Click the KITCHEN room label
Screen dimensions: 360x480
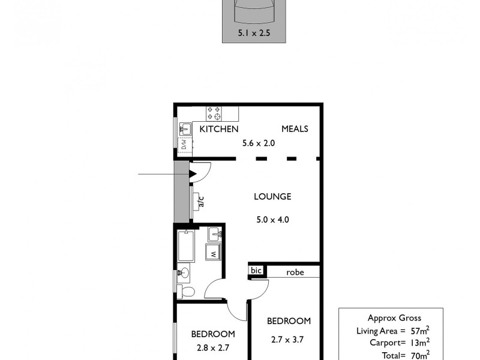point(219,129)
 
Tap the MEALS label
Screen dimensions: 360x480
point(295,129)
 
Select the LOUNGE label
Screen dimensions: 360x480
point(272,196)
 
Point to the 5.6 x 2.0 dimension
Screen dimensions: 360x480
point(259,143)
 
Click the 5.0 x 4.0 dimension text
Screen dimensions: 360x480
point(272,220)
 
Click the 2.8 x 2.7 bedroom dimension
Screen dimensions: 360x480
point(212,347)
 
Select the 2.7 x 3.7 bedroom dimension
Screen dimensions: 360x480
point(289,340)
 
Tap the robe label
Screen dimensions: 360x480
point(295,272)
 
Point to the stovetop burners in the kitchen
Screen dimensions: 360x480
point(214,113)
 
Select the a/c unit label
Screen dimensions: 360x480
point(201,201)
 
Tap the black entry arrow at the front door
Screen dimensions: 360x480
point(193,175)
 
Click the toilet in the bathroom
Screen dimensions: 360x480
point(187,292)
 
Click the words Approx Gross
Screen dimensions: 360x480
point(394,319)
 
